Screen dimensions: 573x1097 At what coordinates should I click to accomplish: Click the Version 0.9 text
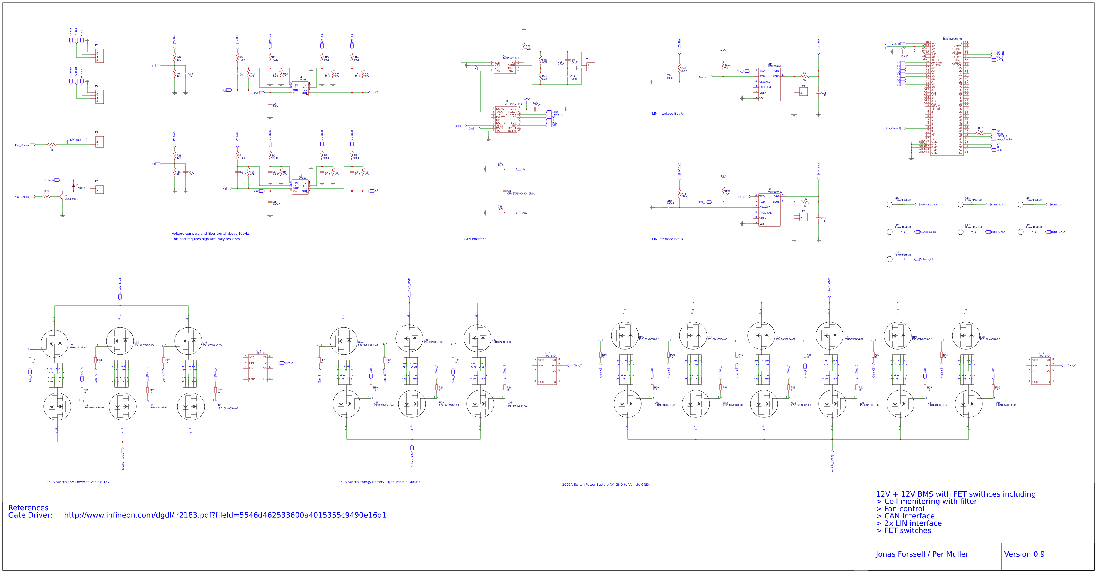coord(1024,554)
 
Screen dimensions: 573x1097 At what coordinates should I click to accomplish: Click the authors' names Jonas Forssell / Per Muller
coord(922,554)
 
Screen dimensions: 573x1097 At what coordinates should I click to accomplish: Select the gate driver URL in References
coord(225,515)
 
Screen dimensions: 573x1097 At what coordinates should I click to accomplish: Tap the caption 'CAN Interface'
coord(475,239)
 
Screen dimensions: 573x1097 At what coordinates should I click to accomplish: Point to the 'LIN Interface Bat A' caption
coord(667,114)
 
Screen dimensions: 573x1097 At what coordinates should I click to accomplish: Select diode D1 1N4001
coord(74,186)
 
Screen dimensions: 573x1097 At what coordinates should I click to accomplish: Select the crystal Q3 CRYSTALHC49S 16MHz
coord(505,191)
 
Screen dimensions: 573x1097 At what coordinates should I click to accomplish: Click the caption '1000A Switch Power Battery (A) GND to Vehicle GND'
coord(605,484)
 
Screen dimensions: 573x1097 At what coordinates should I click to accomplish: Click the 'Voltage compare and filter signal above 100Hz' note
coord(210,233)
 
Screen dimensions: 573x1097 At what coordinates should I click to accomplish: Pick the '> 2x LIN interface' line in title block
coord(908,523)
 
